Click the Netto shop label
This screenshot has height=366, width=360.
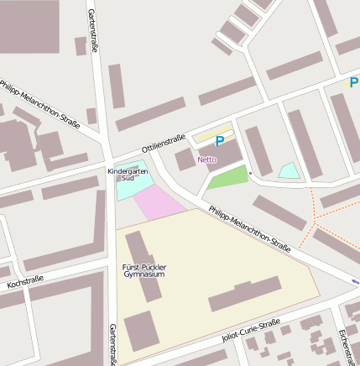[206, 159]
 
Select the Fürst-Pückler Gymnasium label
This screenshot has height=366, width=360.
[144, 270]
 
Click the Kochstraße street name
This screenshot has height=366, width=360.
[25, 284]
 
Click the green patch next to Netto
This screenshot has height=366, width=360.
[227, 178]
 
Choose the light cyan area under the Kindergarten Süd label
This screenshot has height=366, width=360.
[128, 189]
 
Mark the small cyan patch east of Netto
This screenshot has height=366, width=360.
[289, 171]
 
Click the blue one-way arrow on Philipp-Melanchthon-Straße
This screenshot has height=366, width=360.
[355, 282]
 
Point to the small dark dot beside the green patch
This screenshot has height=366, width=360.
[250, 173]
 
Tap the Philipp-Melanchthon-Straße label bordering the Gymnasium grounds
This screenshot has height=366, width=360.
[250, 228]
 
